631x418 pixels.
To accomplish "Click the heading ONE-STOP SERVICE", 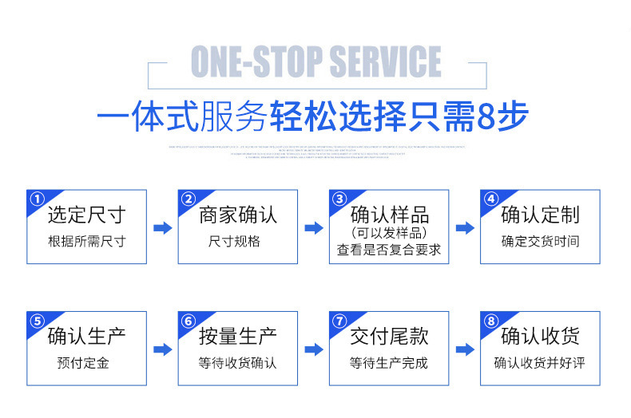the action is (x=315, y=62).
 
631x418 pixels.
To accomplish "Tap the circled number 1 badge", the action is (x=36, y=199).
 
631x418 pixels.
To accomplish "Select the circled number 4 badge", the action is (x=490, y=199).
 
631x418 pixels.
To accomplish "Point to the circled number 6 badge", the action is (x=188, y=321).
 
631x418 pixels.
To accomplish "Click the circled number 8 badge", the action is (x=490, y=321).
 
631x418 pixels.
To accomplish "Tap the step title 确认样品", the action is (x=389, y=215).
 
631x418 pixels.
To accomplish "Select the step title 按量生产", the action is (x=237, y=337).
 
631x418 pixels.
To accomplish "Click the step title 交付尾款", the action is (x=389, y=337).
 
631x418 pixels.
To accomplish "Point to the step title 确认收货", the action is (x=540, y=337).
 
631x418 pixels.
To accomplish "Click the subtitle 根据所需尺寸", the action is (x=86, y=241).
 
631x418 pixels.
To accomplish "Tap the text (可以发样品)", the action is (x=389, y=232).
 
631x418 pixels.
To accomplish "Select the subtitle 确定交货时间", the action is (x=540, y=241).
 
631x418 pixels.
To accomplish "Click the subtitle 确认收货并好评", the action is (x=540, y=363).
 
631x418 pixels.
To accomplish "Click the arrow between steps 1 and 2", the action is (x=162, y=228).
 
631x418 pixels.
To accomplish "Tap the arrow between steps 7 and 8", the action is (x=465, y=349).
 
